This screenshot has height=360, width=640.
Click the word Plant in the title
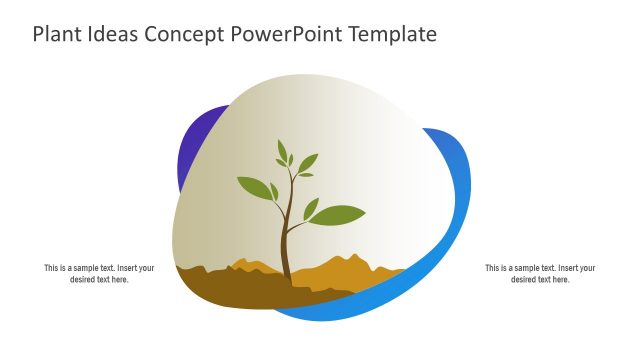click(x=58, y=34)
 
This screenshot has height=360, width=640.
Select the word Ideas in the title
click(x=114, y=34)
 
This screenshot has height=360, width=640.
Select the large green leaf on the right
click(x=338, y=215)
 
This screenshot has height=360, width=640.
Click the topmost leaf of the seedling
click(x=282, y=150)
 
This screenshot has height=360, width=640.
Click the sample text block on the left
click(x=99, y=274)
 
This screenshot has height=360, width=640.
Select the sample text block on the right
click(x=540, y=274)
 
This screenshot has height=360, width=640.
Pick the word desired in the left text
click(x=83, y=280)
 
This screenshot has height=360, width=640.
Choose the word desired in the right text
click(x=525, y=280)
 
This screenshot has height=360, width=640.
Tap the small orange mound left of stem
click(x=245, y=265)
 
